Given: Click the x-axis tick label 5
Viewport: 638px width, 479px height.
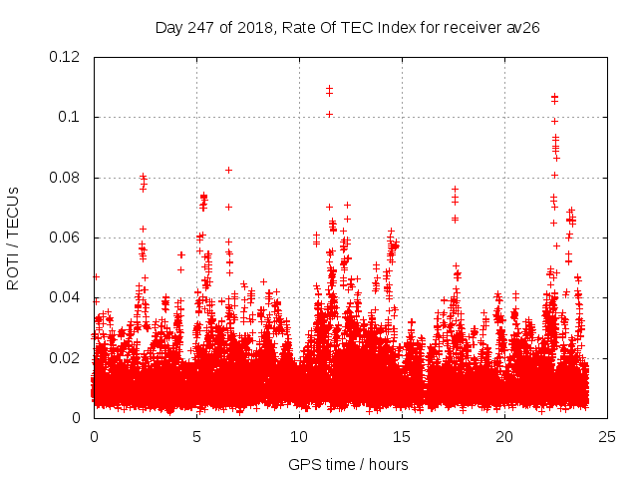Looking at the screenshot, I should [196, 437].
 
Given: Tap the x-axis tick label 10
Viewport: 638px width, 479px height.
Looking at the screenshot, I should [299, 437].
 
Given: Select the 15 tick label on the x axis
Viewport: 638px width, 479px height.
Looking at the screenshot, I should [402, 437].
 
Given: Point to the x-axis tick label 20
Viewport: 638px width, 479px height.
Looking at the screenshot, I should [504, 437].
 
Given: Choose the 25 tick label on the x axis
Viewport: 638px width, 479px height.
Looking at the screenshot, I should [607, 437].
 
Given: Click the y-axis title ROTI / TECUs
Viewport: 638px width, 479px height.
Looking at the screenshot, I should [13, 238].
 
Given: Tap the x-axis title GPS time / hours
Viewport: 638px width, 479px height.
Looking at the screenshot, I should [348, 464].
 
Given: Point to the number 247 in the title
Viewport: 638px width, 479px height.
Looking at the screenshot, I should [202, 27].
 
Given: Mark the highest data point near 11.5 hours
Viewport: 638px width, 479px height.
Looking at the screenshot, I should [329, 88].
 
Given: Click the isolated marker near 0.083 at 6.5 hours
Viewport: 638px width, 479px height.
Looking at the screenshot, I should [229, 170].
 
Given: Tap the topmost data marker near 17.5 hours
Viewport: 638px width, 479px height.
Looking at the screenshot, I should [455, 189].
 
